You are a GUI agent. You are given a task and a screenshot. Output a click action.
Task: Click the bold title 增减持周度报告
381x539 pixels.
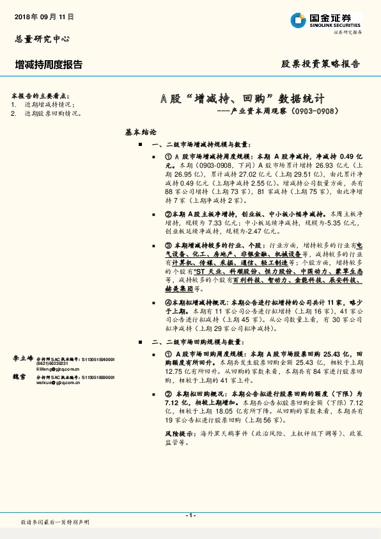click(48, 64)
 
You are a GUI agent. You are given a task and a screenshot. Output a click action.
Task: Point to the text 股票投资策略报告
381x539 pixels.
click(321, 64)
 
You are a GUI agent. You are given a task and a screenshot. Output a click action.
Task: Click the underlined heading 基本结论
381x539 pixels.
click(141, 133)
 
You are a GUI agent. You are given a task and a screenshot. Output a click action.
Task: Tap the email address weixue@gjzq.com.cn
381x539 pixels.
click(61, 384)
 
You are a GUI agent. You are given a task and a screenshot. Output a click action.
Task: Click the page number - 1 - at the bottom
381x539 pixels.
click(190, 515)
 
